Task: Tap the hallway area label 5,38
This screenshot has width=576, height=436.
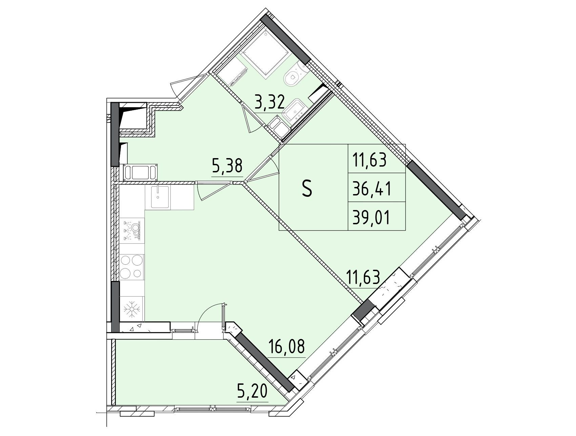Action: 227,167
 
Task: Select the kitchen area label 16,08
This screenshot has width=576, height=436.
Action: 287,347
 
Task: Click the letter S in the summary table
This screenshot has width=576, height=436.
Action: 307,189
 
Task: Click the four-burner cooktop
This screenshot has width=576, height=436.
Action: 132,267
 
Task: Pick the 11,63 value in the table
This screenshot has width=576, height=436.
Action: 370,159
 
